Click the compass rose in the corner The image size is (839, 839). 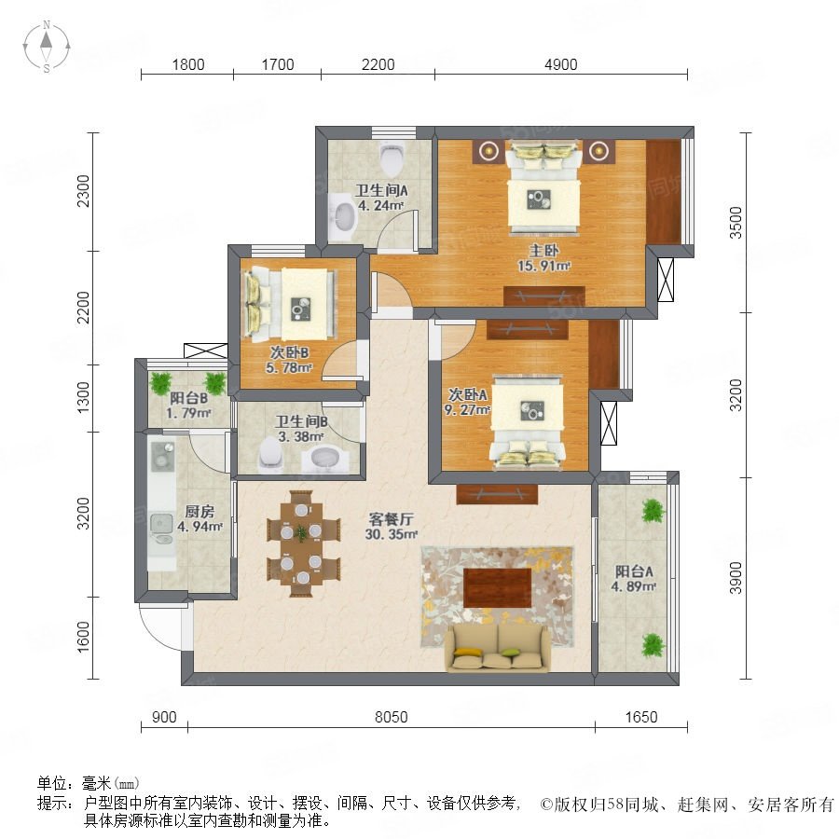[x=47, y=47]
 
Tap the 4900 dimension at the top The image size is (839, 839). [x=561, y=64]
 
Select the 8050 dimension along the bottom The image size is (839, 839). [x=392, y=717]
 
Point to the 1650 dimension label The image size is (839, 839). [x=641, y=717]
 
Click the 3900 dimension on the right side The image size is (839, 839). [x=736, y=578]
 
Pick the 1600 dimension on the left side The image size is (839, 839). [x=84, y=637]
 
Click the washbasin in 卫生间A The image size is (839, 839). [x=342, y=218]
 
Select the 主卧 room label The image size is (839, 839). [x=544, y=250]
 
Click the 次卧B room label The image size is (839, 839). [x=289, y=352]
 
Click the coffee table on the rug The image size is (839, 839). [x=498, y=588]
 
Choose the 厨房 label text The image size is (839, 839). [x=199, y=512]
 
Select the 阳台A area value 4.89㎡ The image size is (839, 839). [x=634, y=586]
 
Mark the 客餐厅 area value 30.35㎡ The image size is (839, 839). [x=392, y=534]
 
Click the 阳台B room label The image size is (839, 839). [x=189, y=398]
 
